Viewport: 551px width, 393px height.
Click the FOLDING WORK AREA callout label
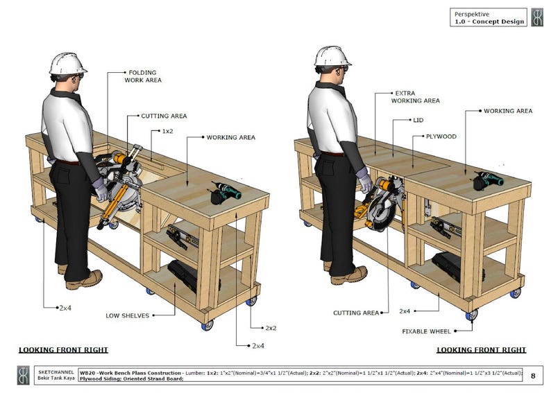click(x=143, y=76)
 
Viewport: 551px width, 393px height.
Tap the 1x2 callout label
click(x=168, y=131)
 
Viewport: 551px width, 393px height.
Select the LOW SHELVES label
click(x=127, y=315)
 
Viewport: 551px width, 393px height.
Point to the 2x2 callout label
click(x=271, y=327)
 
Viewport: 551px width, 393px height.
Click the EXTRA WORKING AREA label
click(x=416, y=96)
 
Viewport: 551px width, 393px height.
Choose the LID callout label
click(x=418, y=121)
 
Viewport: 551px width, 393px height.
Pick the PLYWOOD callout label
click(x=441, y=137)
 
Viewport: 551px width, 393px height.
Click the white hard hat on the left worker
click(x=67, y=64)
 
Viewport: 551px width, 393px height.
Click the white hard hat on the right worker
click(x=332, y=56)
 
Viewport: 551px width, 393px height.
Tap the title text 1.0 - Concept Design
click(x=489, y=21)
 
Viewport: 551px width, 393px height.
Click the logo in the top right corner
click(x=537, y=17)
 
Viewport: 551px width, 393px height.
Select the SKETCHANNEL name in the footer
click(x=56, y=371)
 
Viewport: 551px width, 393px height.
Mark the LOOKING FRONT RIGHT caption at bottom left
click(x=63, y=350)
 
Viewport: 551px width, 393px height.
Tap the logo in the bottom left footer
click(x=23, y=375)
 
